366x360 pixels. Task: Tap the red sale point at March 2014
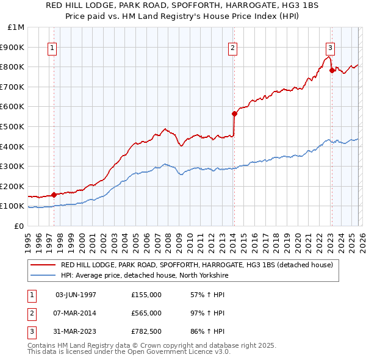234,113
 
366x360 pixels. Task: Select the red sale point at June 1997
54,195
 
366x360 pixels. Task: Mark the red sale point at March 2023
332,70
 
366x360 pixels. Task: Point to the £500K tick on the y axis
12,126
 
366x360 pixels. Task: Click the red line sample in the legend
43,265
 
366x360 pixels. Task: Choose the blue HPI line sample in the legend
43,276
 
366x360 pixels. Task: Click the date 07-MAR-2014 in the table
76,313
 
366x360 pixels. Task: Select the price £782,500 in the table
146,332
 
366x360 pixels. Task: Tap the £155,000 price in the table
146,294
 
